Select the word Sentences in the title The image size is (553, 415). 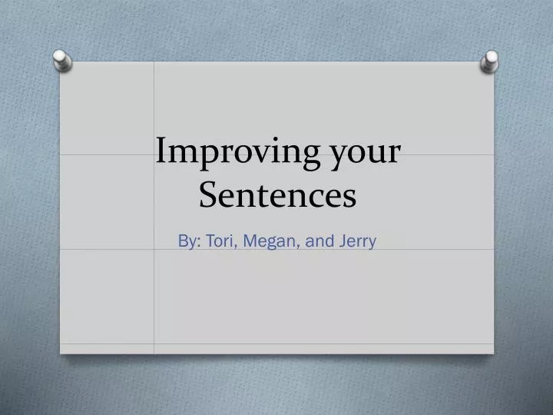click(x=277, y=195)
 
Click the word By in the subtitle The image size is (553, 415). click(x=187, y=241)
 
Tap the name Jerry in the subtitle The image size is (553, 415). click(x=356, y=241)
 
